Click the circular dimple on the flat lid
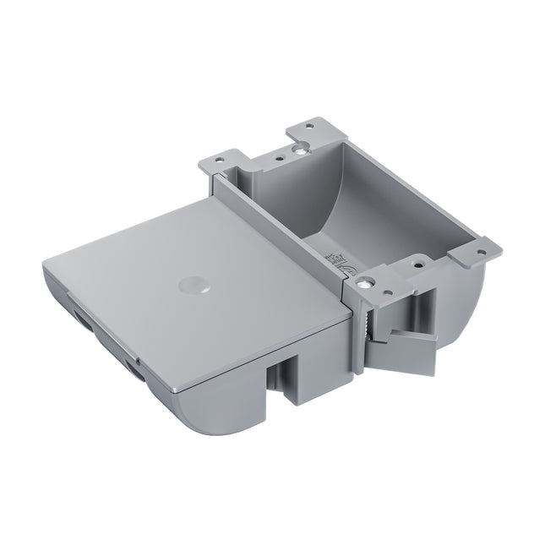point(193,284)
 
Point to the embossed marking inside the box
point(334,258)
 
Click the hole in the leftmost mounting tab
point(221,156)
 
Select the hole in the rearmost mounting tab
point(310,125)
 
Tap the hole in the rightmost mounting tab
point(483,249)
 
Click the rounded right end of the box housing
point(473,296)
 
